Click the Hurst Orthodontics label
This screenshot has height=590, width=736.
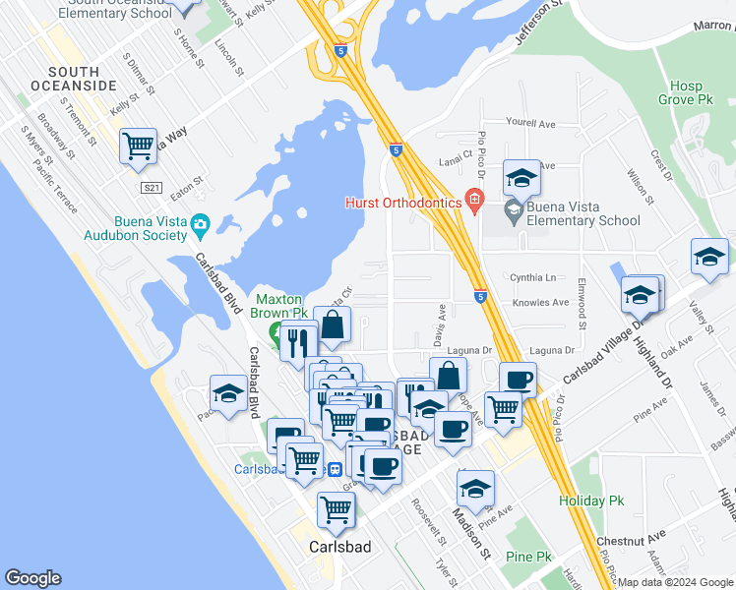(x=403, y=203)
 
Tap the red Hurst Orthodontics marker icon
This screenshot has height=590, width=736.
(x=474, y=202)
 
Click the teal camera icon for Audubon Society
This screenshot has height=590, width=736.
(x=200, y=224)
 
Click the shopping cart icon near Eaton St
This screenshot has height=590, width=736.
(x=139, y=147)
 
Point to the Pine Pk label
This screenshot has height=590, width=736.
(x=528, y=557)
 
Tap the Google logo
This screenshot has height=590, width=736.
(x=32, y=578)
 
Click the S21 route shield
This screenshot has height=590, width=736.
(x=151, y=188)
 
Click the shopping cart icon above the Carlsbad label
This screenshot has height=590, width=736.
(x=336, y=508)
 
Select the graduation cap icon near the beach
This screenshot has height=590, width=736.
(x=229, y=393)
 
